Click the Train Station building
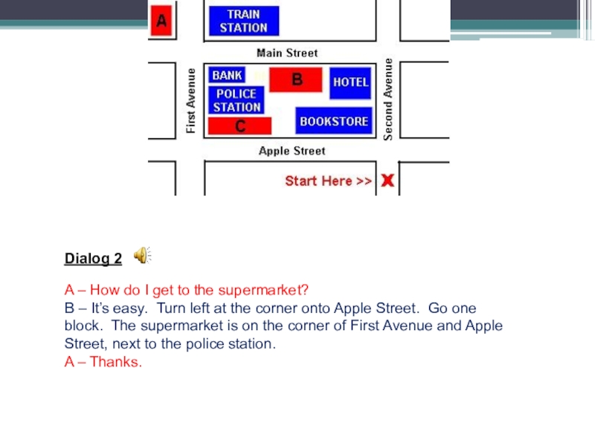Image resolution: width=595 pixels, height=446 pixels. [244, 21]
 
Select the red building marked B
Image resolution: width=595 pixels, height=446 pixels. [295, 80]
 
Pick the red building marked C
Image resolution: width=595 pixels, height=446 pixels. [239, 126]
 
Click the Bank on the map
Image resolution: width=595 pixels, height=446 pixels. [227, 75]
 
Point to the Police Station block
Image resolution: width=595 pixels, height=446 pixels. [237, 100]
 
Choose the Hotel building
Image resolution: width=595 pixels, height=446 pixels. [350, 82]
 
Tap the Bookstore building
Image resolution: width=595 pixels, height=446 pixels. [333, 120]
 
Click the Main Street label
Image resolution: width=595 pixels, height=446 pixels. [286, 53]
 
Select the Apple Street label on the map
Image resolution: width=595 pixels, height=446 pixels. [292, 151]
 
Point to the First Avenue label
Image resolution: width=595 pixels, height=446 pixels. [191, 101]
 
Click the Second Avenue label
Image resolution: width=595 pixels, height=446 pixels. [387, 99]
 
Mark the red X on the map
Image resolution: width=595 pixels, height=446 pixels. [387, 181]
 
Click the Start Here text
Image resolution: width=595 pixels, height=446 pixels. [328, 181]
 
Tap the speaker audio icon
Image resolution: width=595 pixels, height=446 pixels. [142, 256]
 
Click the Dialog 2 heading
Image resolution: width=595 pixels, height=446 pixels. [93, 259]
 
